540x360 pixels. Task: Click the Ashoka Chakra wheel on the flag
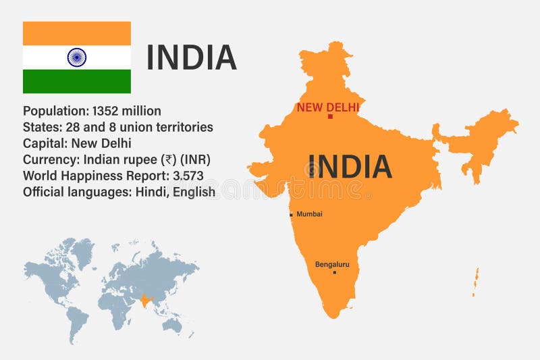tap(77, 57)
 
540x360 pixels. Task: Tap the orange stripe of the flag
tap(77, 33)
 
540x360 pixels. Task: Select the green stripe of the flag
tap(77, 81)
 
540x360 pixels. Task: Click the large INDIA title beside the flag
tap(192, 57)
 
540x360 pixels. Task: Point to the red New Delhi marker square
tap(330, 117)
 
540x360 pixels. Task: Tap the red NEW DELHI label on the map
tap(328, 107)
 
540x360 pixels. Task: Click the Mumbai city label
tap(309, 214)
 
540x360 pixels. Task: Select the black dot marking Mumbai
tap(291, 215)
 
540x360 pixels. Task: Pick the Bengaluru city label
tap(332, 264)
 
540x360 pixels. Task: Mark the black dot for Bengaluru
tap(334, 272)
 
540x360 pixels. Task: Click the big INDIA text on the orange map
tap(349, 166)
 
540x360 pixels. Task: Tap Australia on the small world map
tap(173, 325)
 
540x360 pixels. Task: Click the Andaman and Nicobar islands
tap(475, 280)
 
